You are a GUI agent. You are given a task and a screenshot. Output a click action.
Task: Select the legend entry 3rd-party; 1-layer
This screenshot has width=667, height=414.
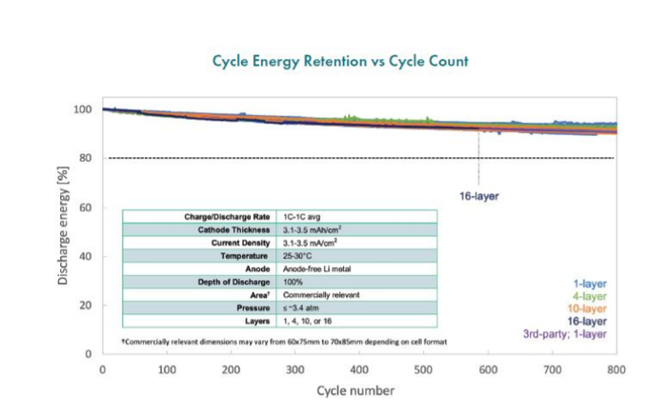[563, 334]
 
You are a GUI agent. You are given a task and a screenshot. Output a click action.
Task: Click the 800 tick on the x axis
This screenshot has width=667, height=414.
[616, 368]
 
